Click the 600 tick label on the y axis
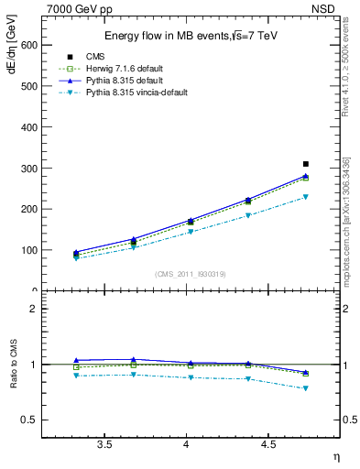(28, 45)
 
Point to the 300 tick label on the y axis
(28, 168)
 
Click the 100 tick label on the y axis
(28, 250)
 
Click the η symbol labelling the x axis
(334, 457)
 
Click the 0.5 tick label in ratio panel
(29, 420)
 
